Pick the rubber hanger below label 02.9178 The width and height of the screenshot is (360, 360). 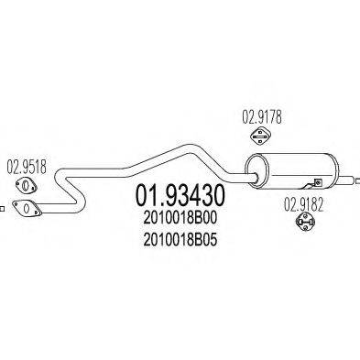point(259,137)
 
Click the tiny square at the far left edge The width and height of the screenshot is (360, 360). point(3,209)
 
